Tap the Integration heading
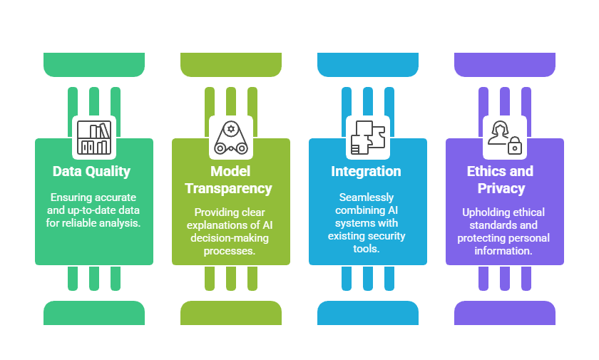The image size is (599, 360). pyautogui.click(x=366, y=171)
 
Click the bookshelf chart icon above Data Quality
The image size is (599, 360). pyautogui.click(x=94, y=137)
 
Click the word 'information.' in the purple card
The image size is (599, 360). pyautogui.click(x=504, y=251)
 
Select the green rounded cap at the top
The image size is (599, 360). pyautogui.click(x=94, y=64)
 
